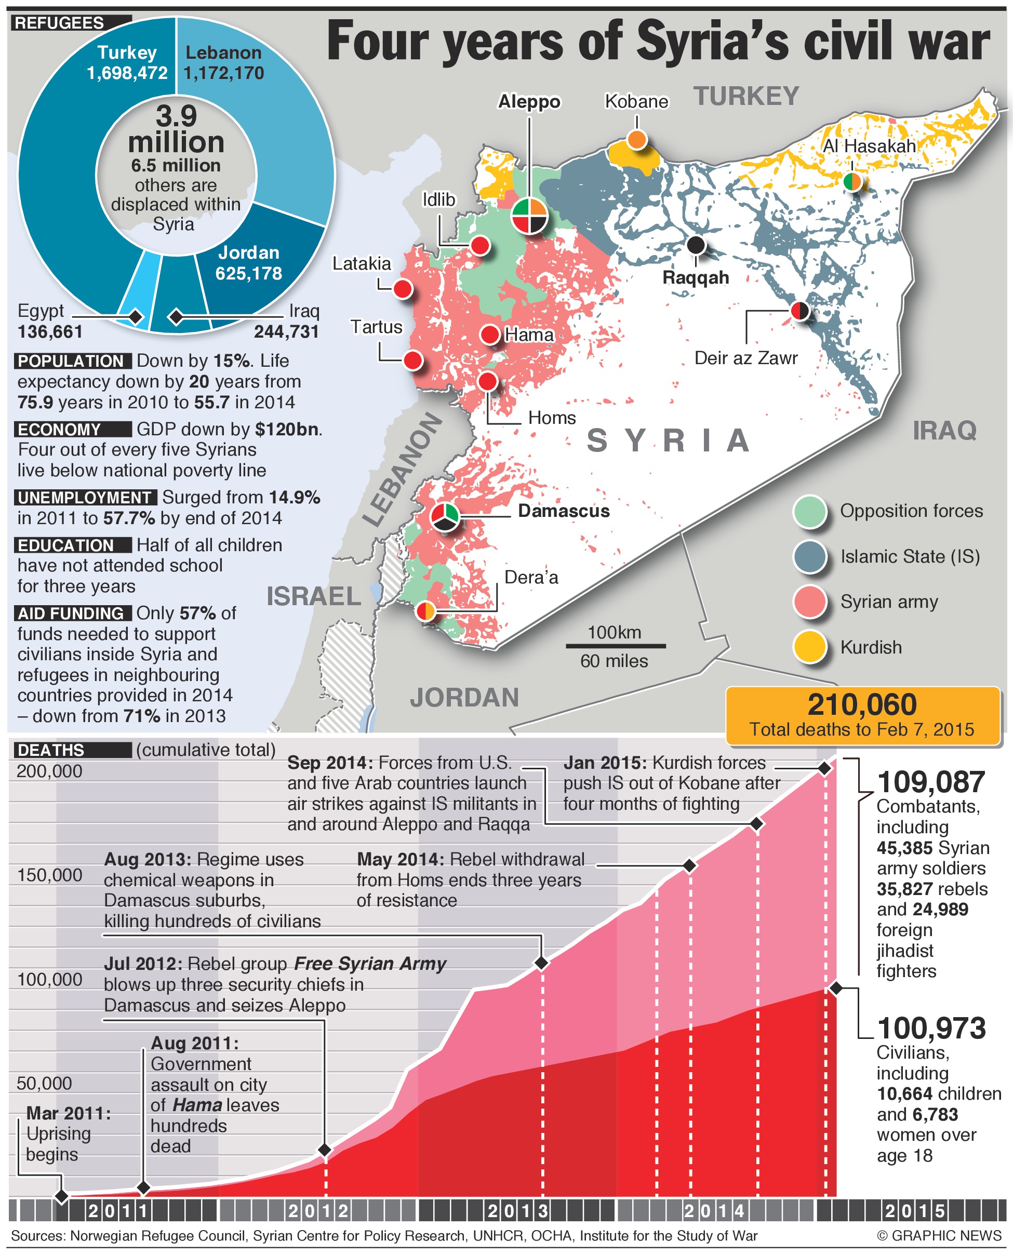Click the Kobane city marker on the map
[636, 140]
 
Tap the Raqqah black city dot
[696, 245]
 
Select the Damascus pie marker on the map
[445, 516]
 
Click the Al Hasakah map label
[869, 146]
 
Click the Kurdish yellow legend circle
[810, 647]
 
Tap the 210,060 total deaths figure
[862, 705]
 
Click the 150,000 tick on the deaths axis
[49, 875]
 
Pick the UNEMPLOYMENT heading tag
[85, 498]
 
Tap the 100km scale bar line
[615, 646]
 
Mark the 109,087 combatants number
[931, 782]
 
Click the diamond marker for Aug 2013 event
[541, 963]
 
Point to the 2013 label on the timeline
[518, 1211]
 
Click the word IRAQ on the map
[944, 431]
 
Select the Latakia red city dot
[403, 288]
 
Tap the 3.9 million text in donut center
[176, 129]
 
